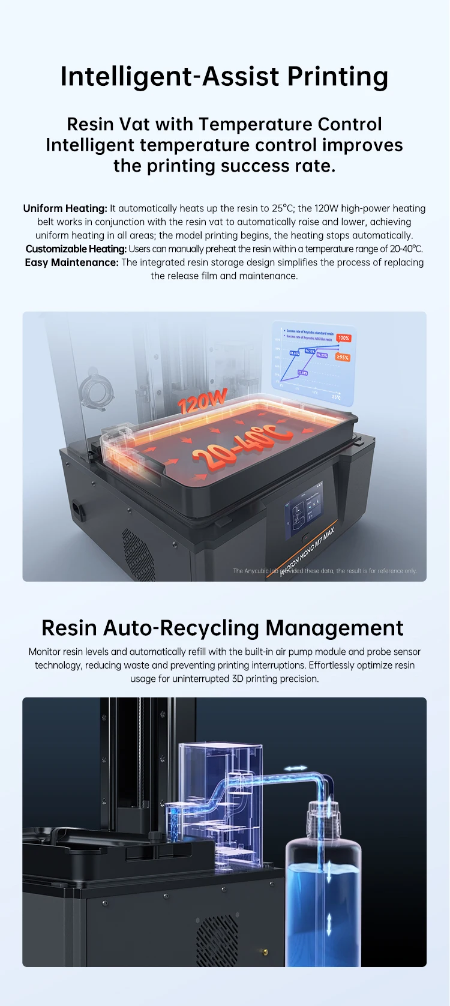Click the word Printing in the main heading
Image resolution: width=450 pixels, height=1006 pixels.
[337, 77]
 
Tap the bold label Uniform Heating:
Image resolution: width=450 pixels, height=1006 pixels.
[65, 208]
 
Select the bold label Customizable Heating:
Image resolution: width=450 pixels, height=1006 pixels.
[76, 248]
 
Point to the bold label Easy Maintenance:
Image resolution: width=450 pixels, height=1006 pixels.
[71, 262]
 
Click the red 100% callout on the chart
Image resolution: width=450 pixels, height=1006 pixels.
[343, 338]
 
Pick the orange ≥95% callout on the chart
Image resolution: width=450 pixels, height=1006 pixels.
[342, 357]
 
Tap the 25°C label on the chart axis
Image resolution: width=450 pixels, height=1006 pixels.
[336, 397]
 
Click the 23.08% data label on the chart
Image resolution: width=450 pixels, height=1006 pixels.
[303, 373]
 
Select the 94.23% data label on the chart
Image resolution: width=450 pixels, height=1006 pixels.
[322, 355]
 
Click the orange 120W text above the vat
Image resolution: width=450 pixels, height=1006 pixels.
[203, 401]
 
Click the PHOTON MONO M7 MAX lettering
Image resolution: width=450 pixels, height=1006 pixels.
[307, 552]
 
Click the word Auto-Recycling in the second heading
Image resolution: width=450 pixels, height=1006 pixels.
[181, 628]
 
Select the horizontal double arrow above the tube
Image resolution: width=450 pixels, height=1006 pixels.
[295, 768]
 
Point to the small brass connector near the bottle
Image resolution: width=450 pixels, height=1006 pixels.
[263, 951]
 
